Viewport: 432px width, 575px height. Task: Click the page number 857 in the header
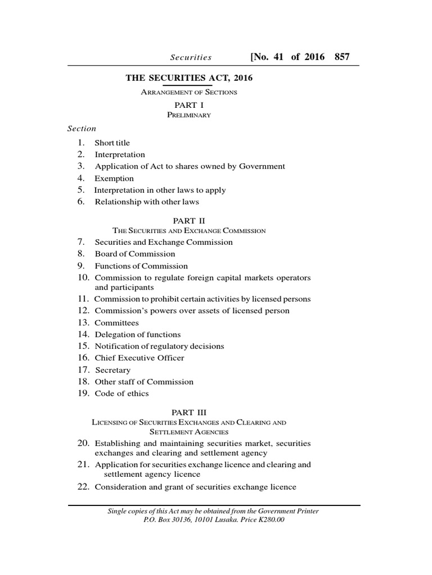(342, 57)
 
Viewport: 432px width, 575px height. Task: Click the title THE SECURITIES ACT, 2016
(189, 78)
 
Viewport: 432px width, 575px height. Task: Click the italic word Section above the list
(82, 128)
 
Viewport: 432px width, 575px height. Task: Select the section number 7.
(81, 242)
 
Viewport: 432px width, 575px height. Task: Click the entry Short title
(112, 143)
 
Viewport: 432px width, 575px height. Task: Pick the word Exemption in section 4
(114, 179)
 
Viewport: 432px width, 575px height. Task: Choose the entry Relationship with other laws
(147, 202)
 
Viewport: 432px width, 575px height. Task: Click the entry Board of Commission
(135, 254)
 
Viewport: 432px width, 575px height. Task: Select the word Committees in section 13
(116, 323)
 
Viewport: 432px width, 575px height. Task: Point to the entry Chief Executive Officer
(139, 358)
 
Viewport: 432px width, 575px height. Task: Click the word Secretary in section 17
(112, 370)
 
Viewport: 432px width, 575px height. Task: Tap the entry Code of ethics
(121, 394)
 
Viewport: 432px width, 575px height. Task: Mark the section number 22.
(83, 487)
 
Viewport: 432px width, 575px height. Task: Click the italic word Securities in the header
(191, 57)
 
